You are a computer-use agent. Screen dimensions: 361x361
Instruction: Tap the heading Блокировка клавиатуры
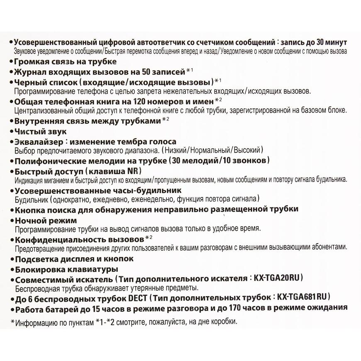tap(59, 268)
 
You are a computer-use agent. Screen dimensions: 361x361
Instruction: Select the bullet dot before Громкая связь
tap(10, 62)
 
